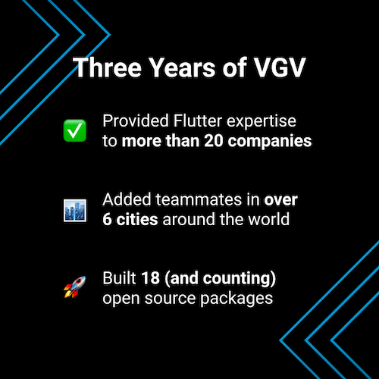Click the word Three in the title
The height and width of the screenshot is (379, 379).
105,68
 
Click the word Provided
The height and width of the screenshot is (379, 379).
131,121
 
